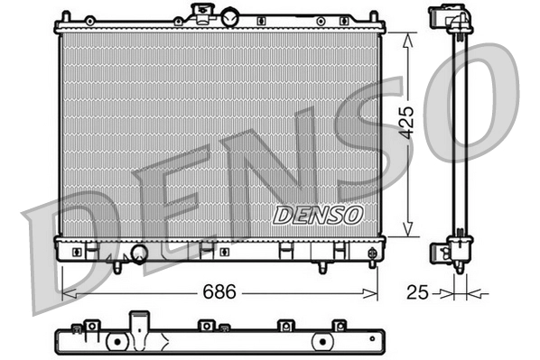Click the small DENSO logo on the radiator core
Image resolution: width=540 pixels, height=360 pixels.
[317, 215]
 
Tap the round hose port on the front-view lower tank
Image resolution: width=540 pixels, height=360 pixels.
[140, 254]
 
